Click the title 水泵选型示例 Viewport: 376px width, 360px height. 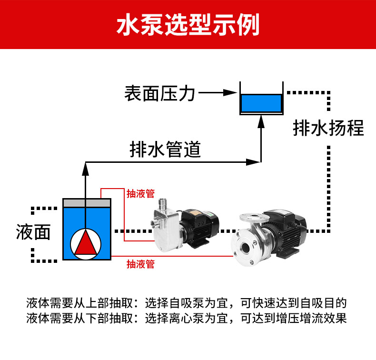(x=188, y=25)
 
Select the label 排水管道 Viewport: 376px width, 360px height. (x=165, y=150)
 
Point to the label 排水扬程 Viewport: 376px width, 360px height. (x=328, y=128)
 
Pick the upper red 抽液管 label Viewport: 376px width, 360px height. (x=140, y=194)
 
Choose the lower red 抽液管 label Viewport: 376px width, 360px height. (x=140, y=264)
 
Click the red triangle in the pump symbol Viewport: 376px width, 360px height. (x=87, y=242)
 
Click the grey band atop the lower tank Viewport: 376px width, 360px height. (x=87, y=203)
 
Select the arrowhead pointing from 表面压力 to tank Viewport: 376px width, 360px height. (x=231, y=93)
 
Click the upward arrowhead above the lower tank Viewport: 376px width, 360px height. (x=86, y=166)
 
